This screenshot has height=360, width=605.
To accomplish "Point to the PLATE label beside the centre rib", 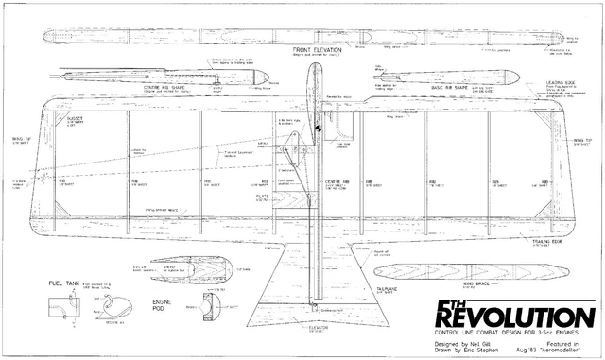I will coord(261,197).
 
